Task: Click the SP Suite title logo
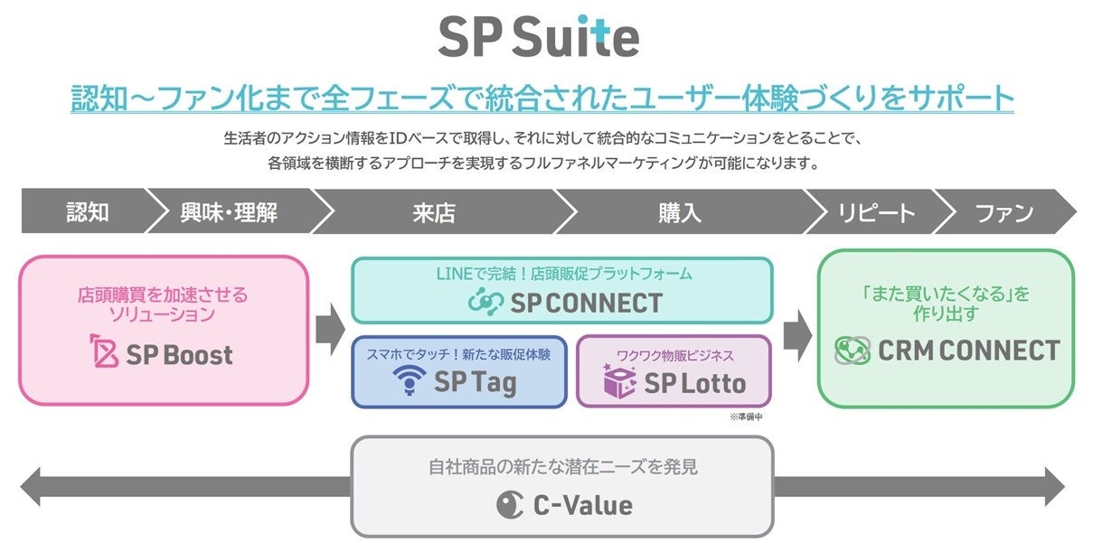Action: click(539, 36)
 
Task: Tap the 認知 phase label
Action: click(88, 212)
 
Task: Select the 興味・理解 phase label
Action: click(229, 212)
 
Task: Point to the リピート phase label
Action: click(863, 212)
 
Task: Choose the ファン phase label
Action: click(1003, 212)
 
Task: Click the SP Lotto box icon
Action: click(620, 382)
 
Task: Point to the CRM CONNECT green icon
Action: click(852, 351)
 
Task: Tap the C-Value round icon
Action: click(509, 504)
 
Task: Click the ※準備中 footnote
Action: click(748, 417)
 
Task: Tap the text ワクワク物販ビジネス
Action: click(674, 355)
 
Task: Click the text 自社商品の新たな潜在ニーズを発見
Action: click(562, 468)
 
